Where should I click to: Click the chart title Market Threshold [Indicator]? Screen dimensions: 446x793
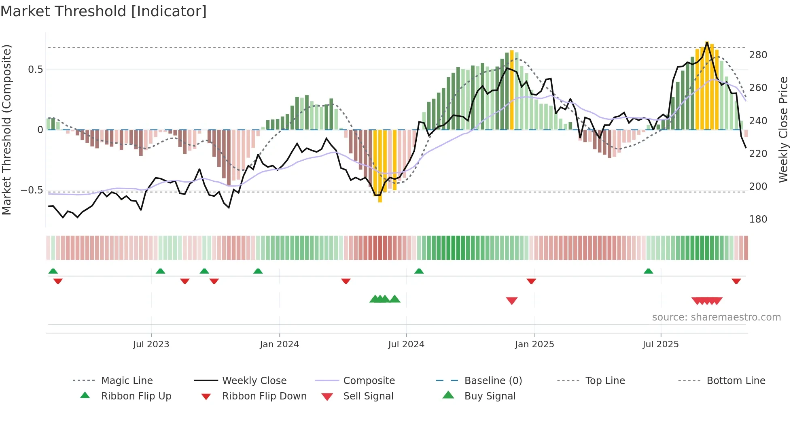click(104, 11)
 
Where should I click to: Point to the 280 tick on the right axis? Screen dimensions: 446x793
click(758, 55)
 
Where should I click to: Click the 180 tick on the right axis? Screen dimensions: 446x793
click(758, 219)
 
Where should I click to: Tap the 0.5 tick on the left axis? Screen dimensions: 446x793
click(35, 70)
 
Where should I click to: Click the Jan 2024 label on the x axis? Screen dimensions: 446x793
click(279, 344)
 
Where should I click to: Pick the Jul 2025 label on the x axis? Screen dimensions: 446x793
click(660, 344)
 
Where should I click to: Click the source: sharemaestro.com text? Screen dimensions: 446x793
click(716, 317)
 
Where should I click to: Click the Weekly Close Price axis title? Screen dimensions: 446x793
click(783, 130)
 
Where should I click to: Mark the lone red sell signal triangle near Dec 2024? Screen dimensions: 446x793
click(512, 301)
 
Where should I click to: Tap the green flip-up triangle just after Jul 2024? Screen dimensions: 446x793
click(419, 271)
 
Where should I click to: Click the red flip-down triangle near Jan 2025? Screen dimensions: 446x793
click(531, 281)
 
